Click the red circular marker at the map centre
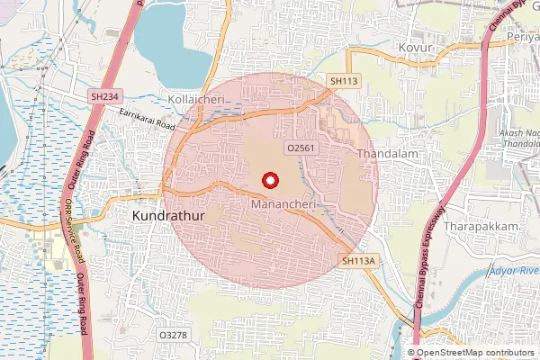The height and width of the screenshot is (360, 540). coord(269,181)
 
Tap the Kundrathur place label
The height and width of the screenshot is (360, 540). coord(167,217)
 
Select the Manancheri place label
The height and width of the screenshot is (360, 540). coord(286,204)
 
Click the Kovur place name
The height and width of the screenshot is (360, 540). coord(415,47)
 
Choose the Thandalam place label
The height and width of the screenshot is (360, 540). coord(390,154)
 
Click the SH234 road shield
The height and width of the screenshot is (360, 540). coord(103,95)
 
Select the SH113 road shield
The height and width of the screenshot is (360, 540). coord(344,81)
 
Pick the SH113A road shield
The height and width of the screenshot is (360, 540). coord(357,261)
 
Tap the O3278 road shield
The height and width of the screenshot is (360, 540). coord(173,335)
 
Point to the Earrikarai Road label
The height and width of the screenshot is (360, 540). coord(147,120)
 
